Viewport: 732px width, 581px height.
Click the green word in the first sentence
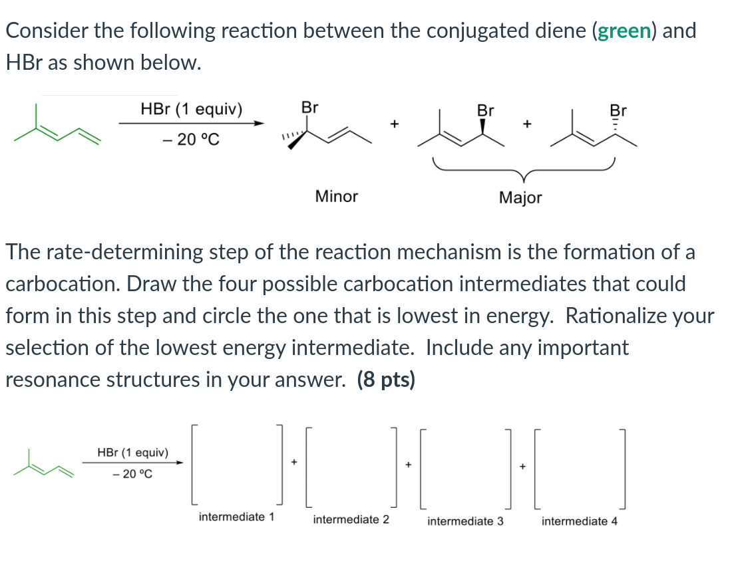point(623,31)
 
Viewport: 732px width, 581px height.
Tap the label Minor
point(336,196)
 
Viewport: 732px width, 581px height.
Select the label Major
point(520,197)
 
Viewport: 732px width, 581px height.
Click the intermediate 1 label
point(236,517)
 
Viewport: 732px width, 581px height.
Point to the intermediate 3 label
point(465,521)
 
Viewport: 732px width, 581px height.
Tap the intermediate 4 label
point(579,521)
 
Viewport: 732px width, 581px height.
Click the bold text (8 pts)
point(386,380)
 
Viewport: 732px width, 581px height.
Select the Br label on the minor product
point(309,107)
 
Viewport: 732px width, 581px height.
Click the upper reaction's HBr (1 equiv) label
point(192,109)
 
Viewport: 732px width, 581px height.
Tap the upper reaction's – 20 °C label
point(191,140)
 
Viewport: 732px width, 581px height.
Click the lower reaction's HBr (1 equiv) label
point(132,453)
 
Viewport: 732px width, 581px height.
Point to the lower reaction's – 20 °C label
point(132,474)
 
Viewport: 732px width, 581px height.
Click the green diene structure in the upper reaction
point(59,128)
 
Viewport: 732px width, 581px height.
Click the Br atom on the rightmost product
point(618,110)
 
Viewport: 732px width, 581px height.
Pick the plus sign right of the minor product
point(394,124)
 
